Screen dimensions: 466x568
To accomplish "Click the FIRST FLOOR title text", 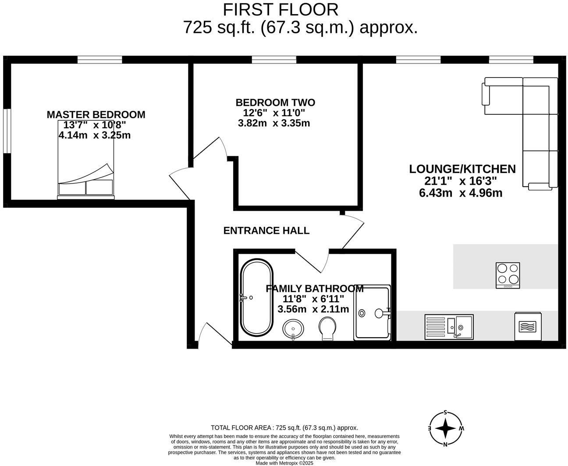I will (280, 10).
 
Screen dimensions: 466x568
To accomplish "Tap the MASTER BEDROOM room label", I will (96, 115).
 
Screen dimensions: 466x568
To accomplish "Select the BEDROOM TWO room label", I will (275, 102).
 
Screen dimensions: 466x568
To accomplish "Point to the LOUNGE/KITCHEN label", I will (462, 169).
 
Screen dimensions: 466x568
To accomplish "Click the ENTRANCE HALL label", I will (266, 230).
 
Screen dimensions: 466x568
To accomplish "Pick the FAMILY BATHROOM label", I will (314, 289).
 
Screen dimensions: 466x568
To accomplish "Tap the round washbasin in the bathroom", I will (293, 329).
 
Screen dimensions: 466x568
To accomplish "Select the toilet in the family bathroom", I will (327, 329).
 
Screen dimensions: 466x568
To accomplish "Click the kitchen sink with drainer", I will (449, 326).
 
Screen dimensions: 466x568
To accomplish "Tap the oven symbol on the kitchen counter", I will (528, 326).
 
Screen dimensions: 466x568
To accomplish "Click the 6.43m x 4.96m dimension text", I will (461, 193).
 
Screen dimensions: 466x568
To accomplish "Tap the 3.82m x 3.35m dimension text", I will (274, 124).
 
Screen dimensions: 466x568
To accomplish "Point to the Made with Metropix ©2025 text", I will (284, 463).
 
